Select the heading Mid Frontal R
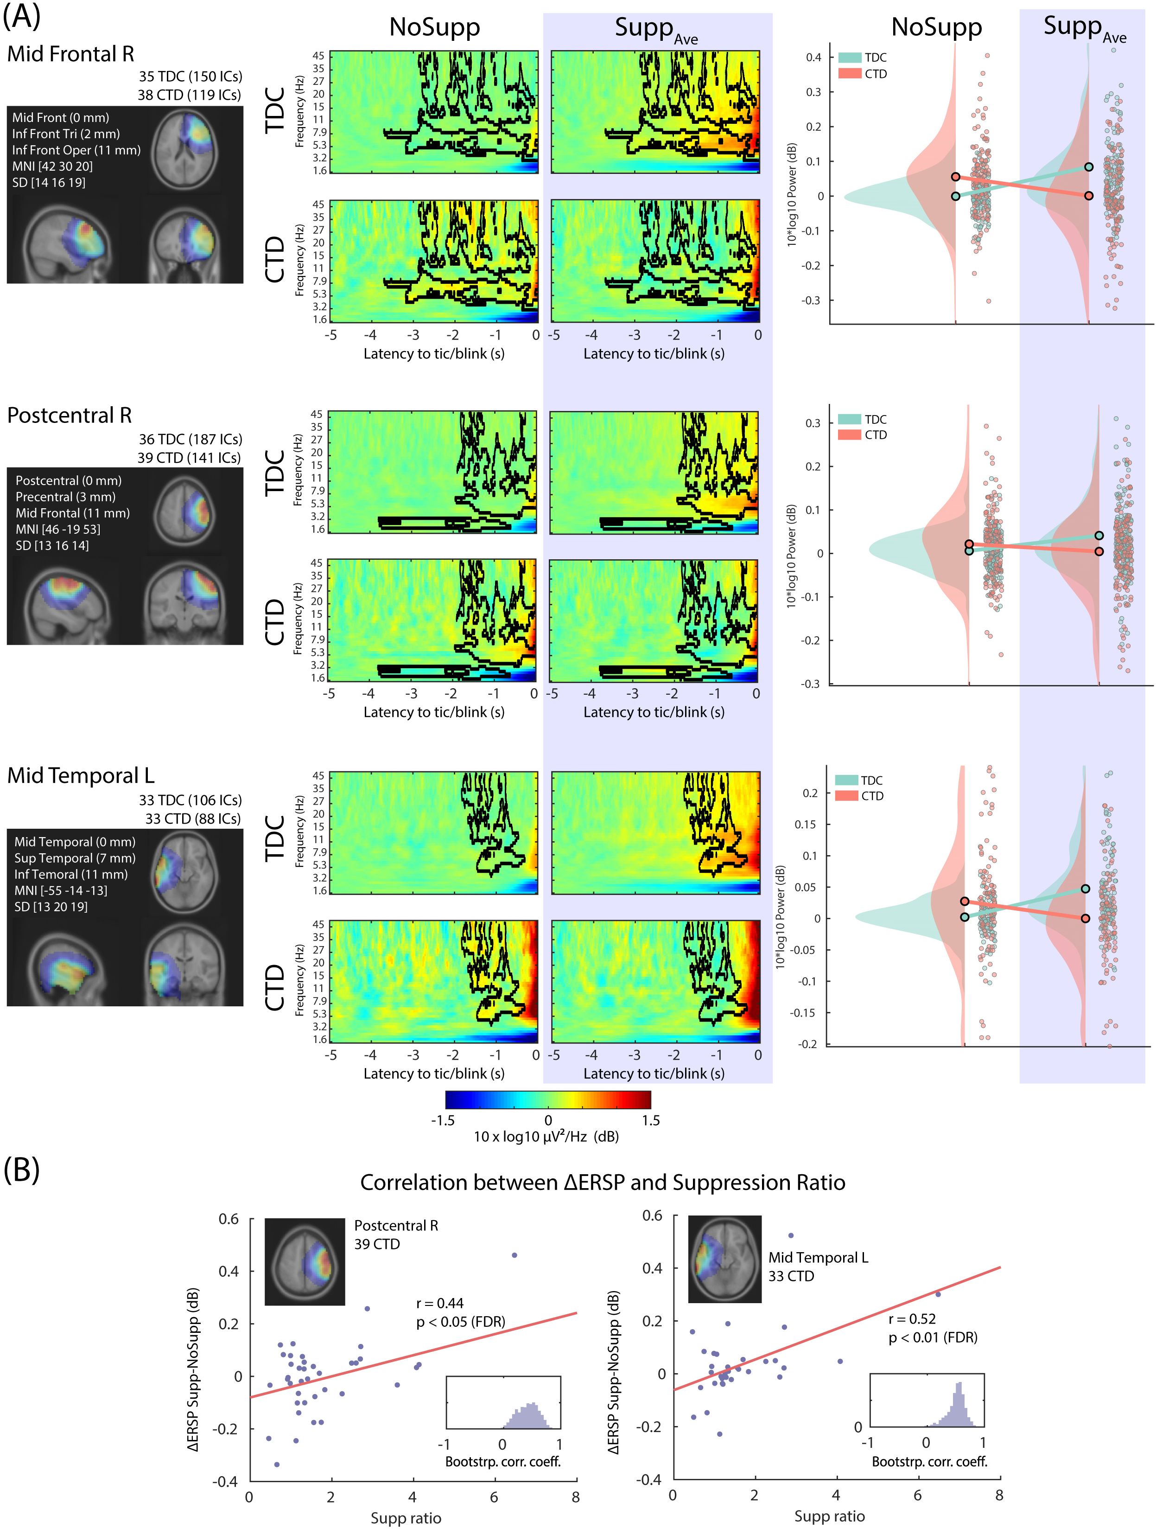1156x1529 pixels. [70, 54]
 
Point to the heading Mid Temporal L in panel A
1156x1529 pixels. [80, 775]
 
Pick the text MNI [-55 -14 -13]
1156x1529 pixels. [61, 890]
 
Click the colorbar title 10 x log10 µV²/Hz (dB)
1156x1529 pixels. [546, 1137]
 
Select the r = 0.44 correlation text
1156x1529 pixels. [439, 1304]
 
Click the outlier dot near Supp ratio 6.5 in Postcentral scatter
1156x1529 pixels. [514, 1254]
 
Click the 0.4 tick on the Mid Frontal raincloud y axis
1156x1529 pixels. [814, 58]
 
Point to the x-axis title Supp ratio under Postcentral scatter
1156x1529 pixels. [406, 1518]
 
